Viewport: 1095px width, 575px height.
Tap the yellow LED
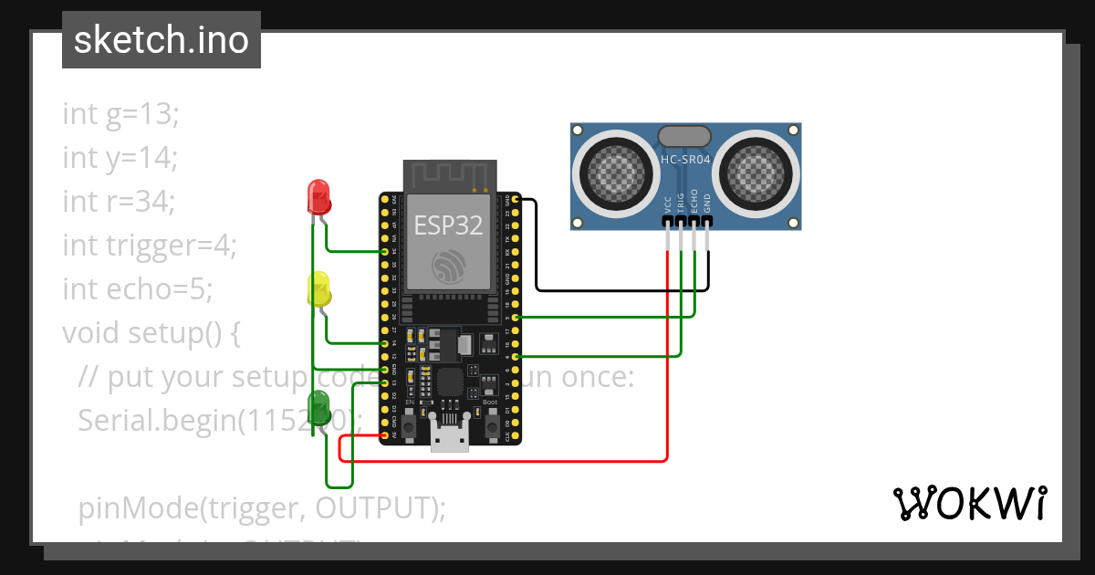[319, 288]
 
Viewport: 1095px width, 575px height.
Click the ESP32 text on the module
[448, 225]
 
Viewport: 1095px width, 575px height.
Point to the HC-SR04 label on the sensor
[684, 159]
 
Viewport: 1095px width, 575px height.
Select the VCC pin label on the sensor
[669, 203]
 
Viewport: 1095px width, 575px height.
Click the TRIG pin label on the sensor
[682, 203]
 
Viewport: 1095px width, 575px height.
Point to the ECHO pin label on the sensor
[694, 201]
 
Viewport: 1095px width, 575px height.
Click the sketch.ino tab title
[161, 40]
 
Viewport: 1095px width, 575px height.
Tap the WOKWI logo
[969, 503]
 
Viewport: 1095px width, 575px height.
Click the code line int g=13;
[121, 114]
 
